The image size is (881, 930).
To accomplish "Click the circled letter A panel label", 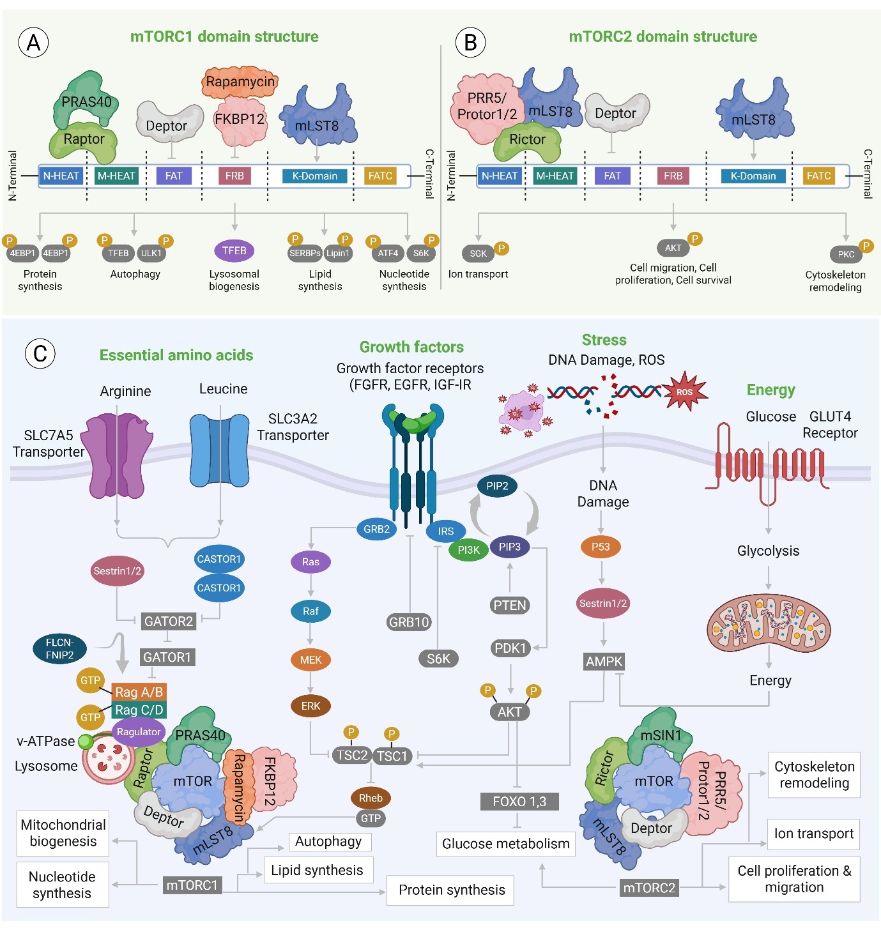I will click(x=33, y=43).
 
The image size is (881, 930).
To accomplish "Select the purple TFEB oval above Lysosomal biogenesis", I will click(x=234, y=251).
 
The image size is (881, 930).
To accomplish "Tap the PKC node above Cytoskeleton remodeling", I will click(x=845, y=254).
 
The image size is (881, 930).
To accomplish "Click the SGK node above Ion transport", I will click(x=478, y=254).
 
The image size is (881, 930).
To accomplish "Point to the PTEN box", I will click(x=510, y=605).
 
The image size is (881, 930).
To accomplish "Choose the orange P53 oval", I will click(x=601, y=547).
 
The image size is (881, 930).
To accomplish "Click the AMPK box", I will click(x=604, y=662).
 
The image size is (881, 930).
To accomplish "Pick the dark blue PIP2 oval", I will click(x=497, y=486).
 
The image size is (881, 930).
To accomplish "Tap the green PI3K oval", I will click(x=468, y=550).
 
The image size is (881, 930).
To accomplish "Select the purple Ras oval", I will click(x=310, y=562).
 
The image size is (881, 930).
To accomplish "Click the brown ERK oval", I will click(x=310, y=706).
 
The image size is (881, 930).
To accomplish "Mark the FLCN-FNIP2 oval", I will click(x=59, y=649).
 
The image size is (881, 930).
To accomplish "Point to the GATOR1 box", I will click(x=167, y=657).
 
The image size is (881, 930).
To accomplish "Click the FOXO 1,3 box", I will click(x=519, y=802).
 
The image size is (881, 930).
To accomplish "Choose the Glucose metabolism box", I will click(x=505, y=844).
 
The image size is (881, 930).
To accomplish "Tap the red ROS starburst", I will click(x=684, y=392).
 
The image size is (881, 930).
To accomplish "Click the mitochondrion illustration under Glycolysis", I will click(x=768, y=624).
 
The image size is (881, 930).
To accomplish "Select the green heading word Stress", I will click(x=604, y=340).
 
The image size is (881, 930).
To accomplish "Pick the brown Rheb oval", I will click(x=371, y=798).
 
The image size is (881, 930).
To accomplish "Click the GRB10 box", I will click(x=409, y=622).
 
